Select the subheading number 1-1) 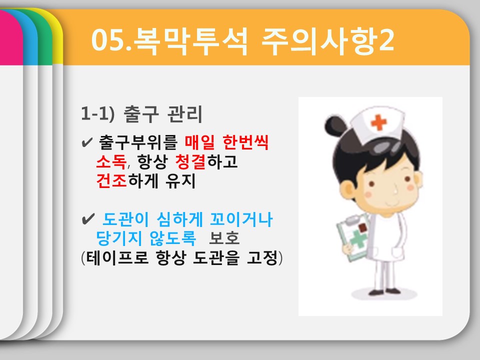(x=97, y=113)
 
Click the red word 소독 (x=111, y=161)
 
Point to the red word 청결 (x=190, y=161)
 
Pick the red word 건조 (x=111, y=180)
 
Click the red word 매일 (x=199, y=142)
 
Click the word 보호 (x=224, y=238)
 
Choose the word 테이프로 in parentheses (x=117, y=257)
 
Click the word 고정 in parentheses (x=261, y=257)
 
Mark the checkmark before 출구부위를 (x=87, y=142)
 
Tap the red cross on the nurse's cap (x=378, y=122)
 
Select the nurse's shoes (x=384, y=291)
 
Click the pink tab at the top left (x=11, y=36)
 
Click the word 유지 (x=180, y=180)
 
